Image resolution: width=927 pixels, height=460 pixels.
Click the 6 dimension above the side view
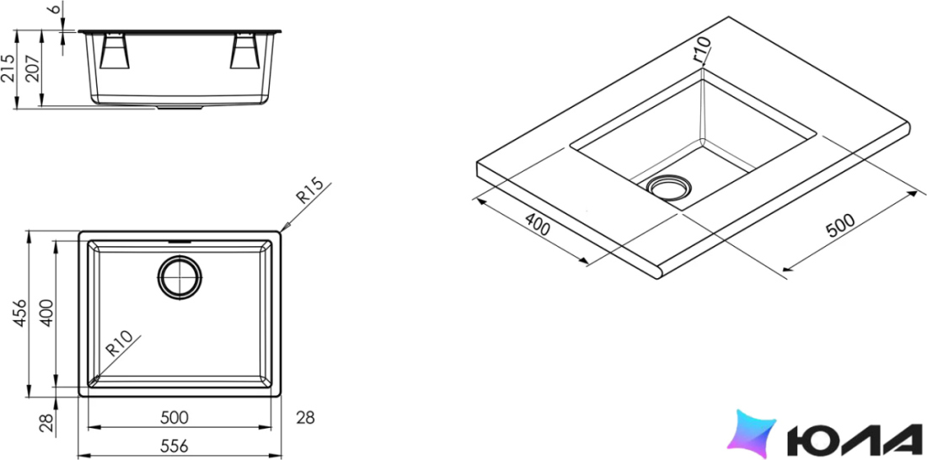(56, 9)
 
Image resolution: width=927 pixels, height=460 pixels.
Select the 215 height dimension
(8, 70)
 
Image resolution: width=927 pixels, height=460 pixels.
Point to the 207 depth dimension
(33, 70)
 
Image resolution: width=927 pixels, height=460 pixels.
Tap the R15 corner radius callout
(310, 191)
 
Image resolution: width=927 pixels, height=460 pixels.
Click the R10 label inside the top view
(119, 344)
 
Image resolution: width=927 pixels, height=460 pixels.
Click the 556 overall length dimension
(174, 447)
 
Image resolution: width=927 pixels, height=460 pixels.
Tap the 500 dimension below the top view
(174, 417)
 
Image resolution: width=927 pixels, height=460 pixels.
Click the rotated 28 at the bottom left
(46, 422)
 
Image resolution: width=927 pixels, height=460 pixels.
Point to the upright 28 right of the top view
(305, 418)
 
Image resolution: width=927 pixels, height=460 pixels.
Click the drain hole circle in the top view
(180, 277)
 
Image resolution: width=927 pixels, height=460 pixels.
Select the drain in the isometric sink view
(668, 187)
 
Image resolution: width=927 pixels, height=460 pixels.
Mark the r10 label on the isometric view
(701, 50)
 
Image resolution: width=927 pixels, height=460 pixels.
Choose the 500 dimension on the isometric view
(840, 225)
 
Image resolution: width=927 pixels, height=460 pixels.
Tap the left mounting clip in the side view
(115, 51)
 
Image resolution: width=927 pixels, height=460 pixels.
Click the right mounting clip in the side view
(244, 51)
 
